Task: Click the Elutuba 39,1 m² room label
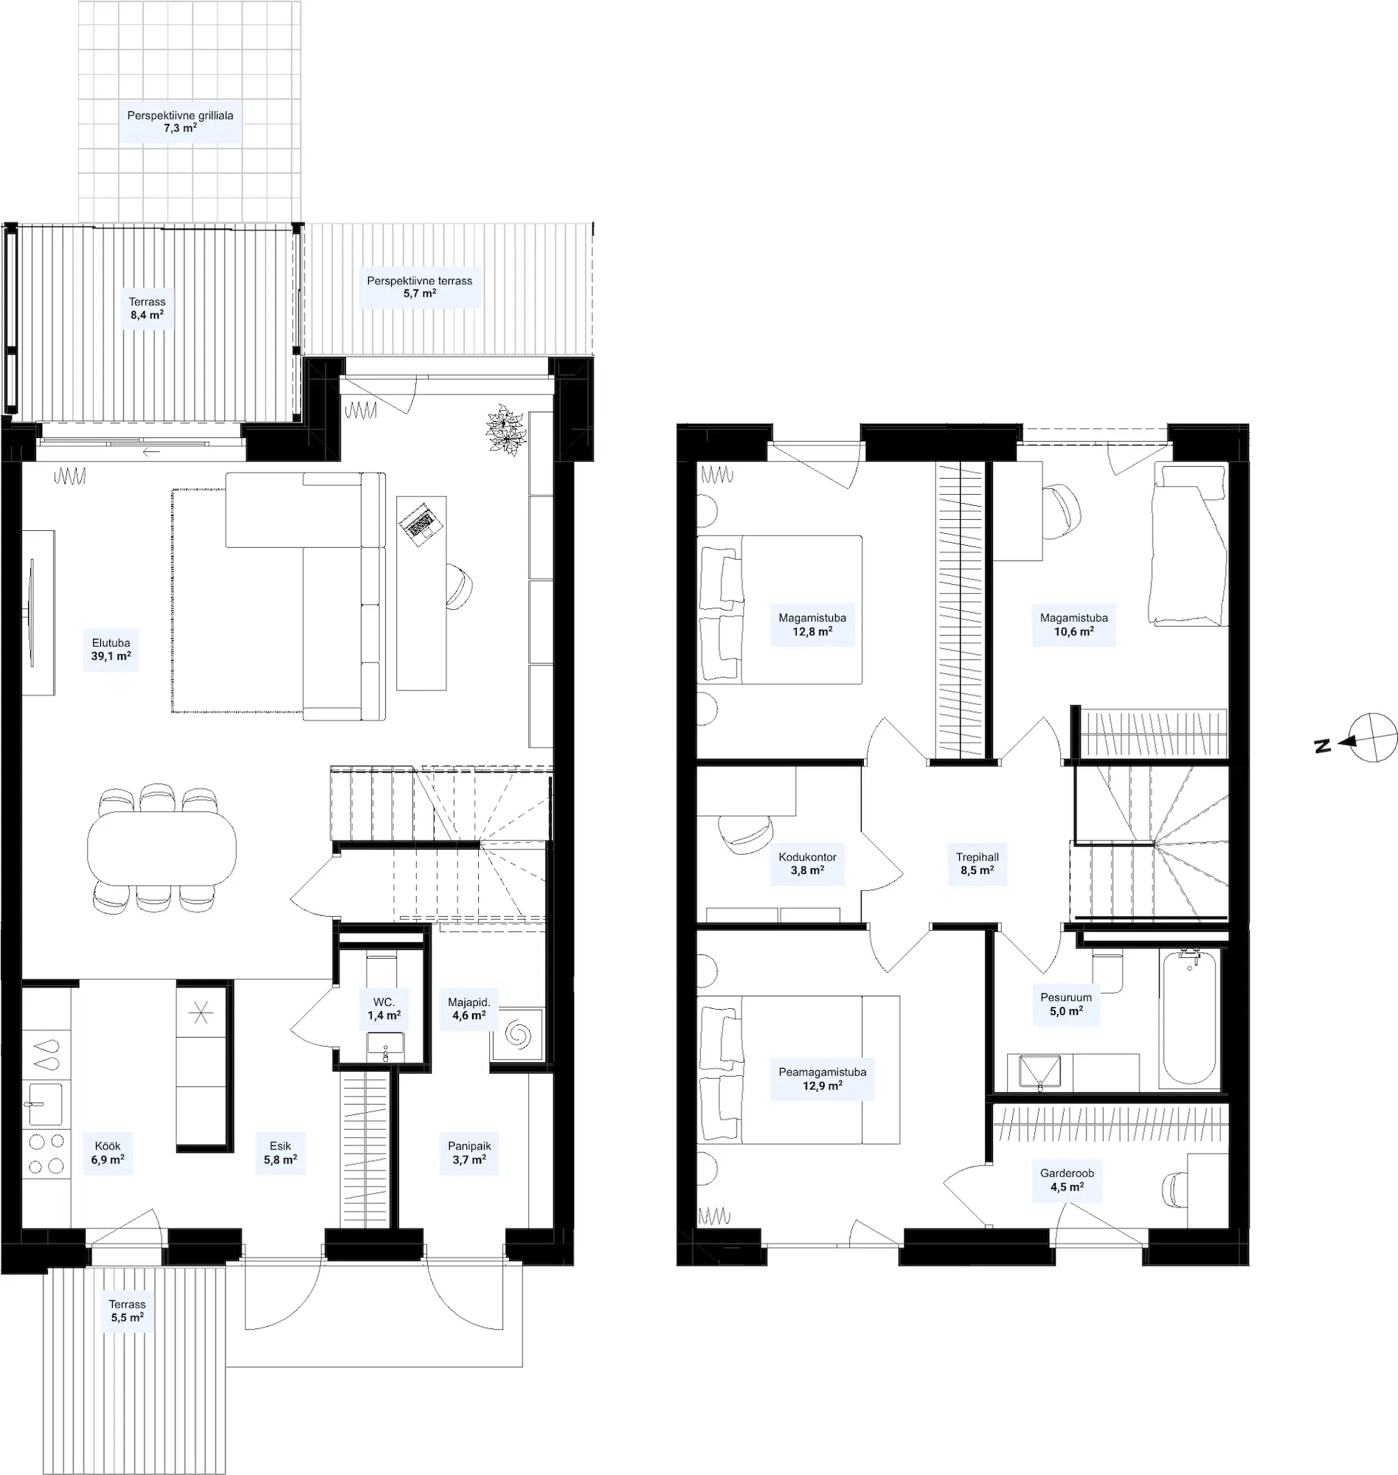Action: (111, 650)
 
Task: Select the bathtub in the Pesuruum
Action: (1190, 1018)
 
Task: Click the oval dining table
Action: (162, 847)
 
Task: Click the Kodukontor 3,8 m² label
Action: (807, 864)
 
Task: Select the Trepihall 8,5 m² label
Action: (977, 864)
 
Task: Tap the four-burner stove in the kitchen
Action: (46, 1154)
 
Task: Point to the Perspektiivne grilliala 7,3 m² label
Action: (180, 122)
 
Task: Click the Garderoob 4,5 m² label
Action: (1067, 1180)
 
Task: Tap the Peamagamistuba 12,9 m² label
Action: (822, 1079)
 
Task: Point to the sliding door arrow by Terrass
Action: (151, 451)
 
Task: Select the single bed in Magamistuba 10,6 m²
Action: (1188, 544)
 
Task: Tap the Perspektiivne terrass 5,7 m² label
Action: (420, 287)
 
